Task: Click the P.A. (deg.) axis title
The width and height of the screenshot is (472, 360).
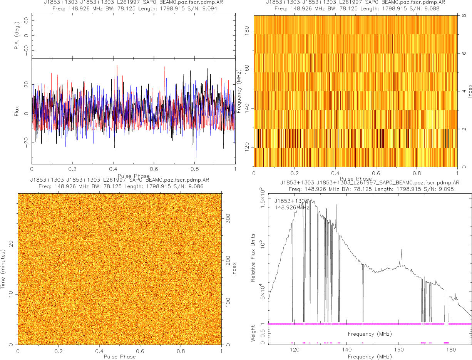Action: (x=17, y=36)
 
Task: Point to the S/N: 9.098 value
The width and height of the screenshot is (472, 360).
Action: (x=440, y=189)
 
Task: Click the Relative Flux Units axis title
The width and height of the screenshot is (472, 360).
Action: (x=253, y=257)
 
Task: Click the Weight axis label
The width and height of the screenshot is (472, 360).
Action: (x=253, y=333)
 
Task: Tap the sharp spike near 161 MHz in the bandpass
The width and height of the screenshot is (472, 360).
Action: (x=402, y=251)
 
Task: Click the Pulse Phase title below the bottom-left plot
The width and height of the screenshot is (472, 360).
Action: (x=119, y=356)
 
